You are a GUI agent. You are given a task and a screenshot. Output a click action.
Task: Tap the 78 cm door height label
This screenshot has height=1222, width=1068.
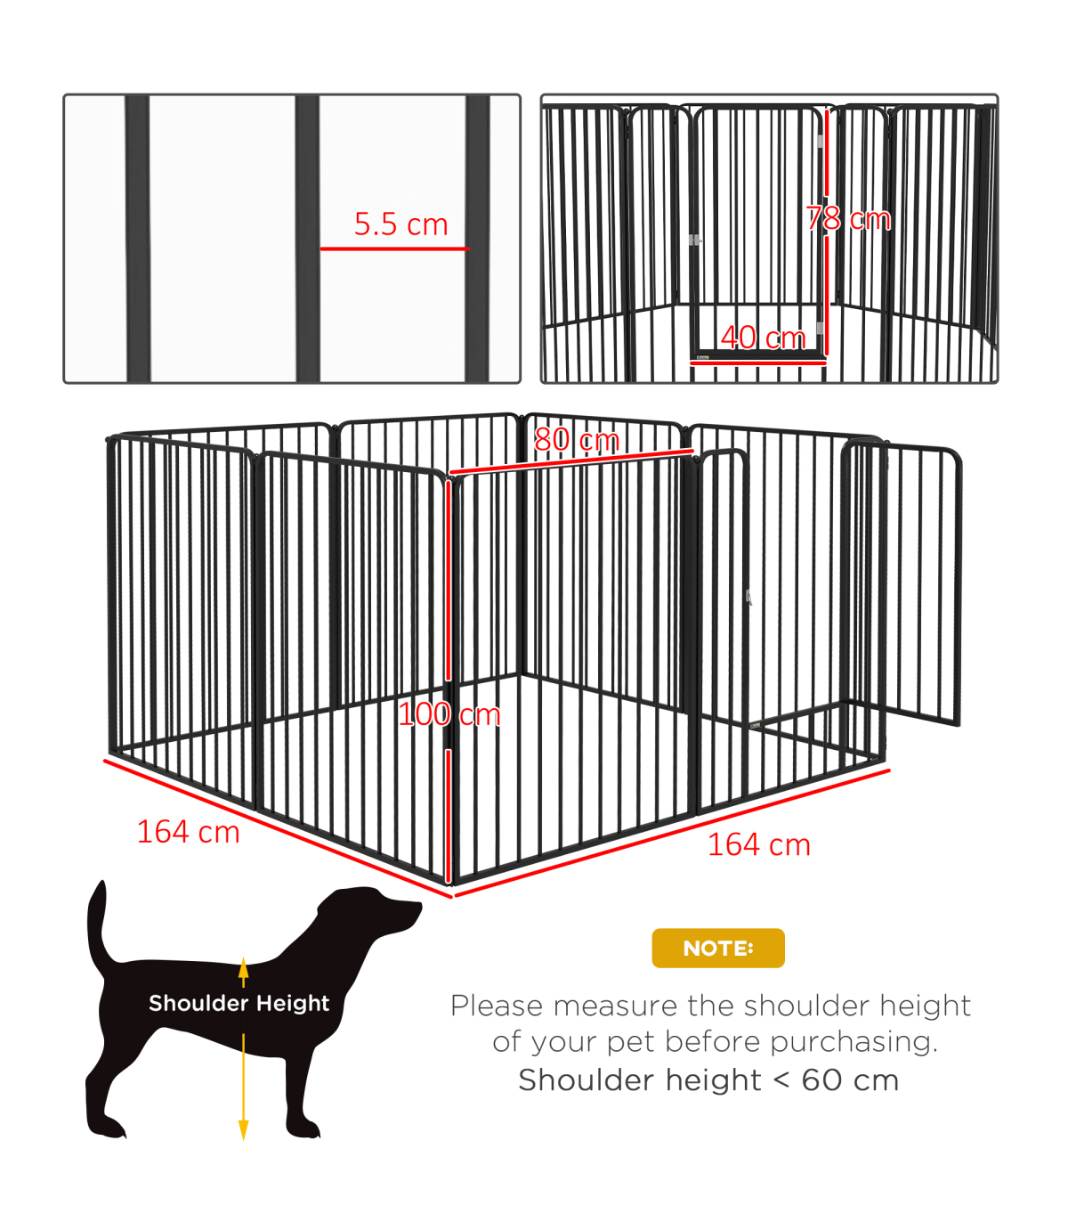click(848, 218)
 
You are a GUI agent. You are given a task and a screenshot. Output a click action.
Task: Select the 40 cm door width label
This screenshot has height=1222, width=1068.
click(763, 338)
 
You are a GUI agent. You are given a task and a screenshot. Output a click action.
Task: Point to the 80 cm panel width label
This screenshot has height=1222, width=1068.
click(577, 440)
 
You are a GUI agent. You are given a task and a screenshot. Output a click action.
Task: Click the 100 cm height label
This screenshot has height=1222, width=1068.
click(449, 714)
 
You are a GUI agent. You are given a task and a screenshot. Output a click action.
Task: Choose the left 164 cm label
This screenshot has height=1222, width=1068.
click(189, 832)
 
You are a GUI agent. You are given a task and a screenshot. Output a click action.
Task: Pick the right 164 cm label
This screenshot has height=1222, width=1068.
click(759, 845)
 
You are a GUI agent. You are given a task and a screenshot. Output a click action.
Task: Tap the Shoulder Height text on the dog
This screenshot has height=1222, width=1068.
click(239, 1004)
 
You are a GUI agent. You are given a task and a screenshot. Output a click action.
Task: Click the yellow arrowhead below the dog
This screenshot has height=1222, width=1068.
click(244, 1130)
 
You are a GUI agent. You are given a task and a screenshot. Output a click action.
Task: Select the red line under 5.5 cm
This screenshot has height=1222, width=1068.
click(394, 249)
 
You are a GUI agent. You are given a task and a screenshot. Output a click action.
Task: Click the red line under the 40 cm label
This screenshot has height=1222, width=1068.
click(758, 363)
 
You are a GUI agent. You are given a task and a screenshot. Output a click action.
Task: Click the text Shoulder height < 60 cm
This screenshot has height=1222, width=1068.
click(708, 1080)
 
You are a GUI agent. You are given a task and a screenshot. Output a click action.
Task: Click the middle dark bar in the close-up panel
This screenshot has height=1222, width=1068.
click(307, 239)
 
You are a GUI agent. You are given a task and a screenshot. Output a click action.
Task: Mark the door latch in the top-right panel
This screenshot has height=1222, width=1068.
click(694, 240)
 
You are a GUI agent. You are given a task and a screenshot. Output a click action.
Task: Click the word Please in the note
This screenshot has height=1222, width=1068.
click(497, 1006)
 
